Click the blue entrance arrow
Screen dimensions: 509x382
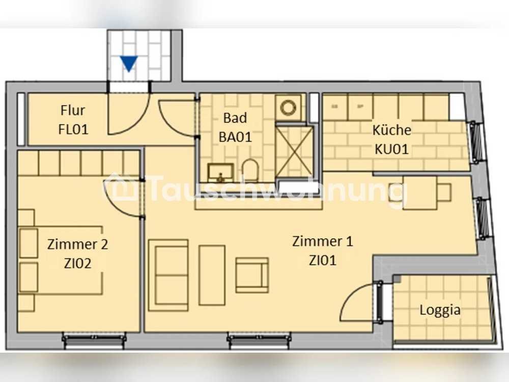click(129, 64)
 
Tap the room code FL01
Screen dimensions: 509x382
click(73, 129)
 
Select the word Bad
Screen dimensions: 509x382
click(235, 118)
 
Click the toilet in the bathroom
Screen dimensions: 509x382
click(250, 170)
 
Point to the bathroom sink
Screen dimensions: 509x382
click(221, 172)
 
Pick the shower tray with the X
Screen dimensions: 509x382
click(295, 152)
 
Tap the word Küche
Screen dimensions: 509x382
click(391, 130)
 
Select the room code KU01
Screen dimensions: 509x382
click(391, 149)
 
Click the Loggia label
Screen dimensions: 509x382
click(440, 310)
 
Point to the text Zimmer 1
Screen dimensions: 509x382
click(322, 241)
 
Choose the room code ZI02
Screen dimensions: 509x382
click(77, 263)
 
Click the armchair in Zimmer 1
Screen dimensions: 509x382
click(252, 275)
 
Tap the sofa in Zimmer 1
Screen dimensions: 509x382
click(168, 275)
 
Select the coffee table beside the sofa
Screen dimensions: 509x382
click(212, 275)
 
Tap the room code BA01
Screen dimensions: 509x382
click(235, 137)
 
